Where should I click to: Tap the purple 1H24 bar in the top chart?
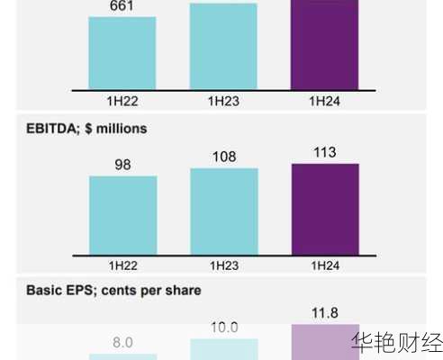click(x=325, y=45)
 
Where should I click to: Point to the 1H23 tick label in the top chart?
click(x=223, y=103)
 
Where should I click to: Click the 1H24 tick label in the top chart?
click(x=324, y=103)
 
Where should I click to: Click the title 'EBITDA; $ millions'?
click(x=86, y=129)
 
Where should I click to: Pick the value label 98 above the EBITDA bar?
click(x=122, y=164)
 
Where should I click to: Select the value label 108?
click(x=223, y=157)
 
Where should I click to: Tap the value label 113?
click(x=324, y=152)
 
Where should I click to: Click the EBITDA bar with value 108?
click(x=223, y=211)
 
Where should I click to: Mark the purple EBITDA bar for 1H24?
click(x=325, y=208)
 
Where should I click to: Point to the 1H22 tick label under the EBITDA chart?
click(x=122, y=265)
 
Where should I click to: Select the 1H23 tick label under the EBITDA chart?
click(x=223, y=265)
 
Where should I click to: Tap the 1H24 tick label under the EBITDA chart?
click(x=324, y=265)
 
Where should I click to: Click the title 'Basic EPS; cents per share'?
click(x=113, y=291)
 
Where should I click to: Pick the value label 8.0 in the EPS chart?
click(x=122, y=342)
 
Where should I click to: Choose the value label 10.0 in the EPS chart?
click(x=223, y=328)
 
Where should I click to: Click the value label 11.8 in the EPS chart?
click(x=324, y=313)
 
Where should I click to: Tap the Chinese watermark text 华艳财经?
click(x=397, y=344)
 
